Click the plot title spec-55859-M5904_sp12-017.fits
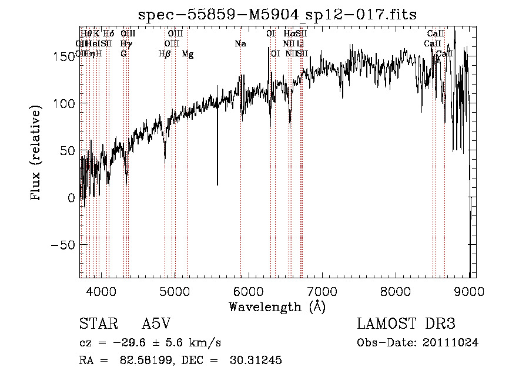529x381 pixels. (277, 14)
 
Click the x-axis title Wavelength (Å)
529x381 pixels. (277, 306)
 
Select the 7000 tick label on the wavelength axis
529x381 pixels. (322, 291)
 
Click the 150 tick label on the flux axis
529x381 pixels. (63, 56)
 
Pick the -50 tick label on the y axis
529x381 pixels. (63, 245)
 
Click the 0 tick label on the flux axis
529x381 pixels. (71, 198)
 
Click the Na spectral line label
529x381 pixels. (240, 44)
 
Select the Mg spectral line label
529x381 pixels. (188, 54)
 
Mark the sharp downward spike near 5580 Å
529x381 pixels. (217, 183)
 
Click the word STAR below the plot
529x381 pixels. (94, 325)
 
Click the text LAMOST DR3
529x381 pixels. (406, 325)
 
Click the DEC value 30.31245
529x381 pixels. (257, 360)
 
